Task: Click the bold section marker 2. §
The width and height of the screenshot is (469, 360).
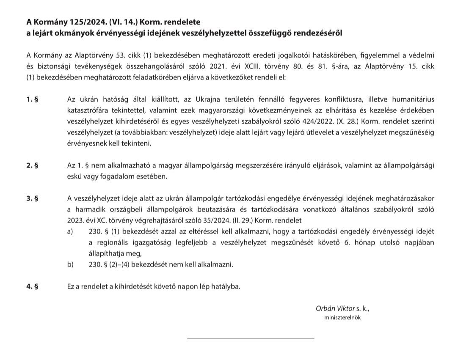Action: (33, 166)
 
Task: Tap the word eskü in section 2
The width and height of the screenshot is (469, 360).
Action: (75, 177)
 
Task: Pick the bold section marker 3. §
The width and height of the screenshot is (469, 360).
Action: (33, 199)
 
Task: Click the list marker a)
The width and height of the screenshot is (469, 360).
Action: (71, 232)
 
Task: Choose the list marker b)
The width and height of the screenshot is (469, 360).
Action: (71, 265)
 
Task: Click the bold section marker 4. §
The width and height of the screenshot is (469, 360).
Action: (33, 287)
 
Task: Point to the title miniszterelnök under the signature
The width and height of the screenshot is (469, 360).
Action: (342, 317)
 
